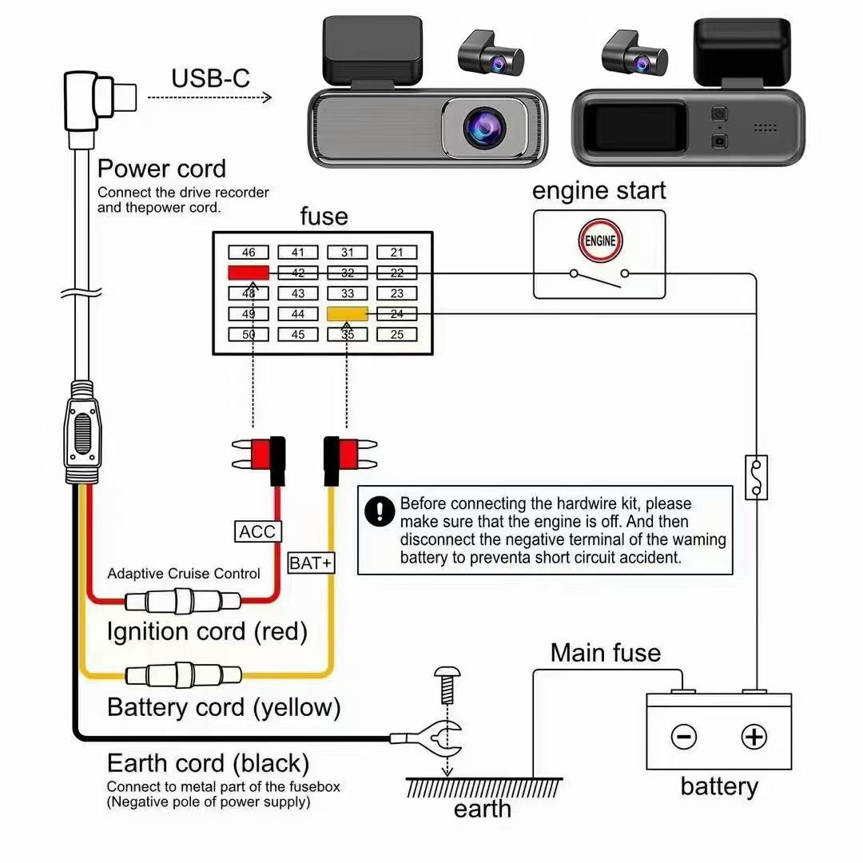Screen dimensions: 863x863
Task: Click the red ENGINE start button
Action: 600,241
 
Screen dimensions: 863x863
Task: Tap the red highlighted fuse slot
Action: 249,272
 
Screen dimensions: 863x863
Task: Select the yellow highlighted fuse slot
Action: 348,314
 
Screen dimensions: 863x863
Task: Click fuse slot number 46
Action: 249,252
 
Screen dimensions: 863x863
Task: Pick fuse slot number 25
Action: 397,334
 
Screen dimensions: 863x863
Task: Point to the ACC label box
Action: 257,531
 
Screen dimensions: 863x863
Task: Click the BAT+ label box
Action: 311,563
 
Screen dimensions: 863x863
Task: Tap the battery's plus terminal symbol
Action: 754,737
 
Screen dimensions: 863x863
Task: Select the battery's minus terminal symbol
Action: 684,737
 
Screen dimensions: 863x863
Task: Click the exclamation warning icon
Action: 380,511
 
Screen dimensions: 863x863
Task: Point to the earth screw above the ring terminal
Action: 447,686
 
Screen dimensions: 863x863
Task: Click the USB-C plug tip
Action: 125,97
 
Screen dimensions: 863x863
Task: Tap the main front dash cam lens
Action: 484,127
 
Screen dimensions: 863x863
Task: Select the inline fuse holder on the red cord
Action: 183,600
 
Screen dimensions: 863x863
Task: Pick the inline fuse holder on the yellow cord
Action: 183,674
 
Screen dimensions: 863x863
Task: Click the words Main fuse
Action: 606,653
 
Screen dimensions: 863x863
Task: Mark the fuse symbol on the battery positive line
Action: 756,477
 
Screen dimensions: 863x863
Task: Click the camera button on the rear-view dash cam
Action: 719,141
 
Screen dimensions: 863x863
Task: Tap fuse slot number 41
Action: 298,252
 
